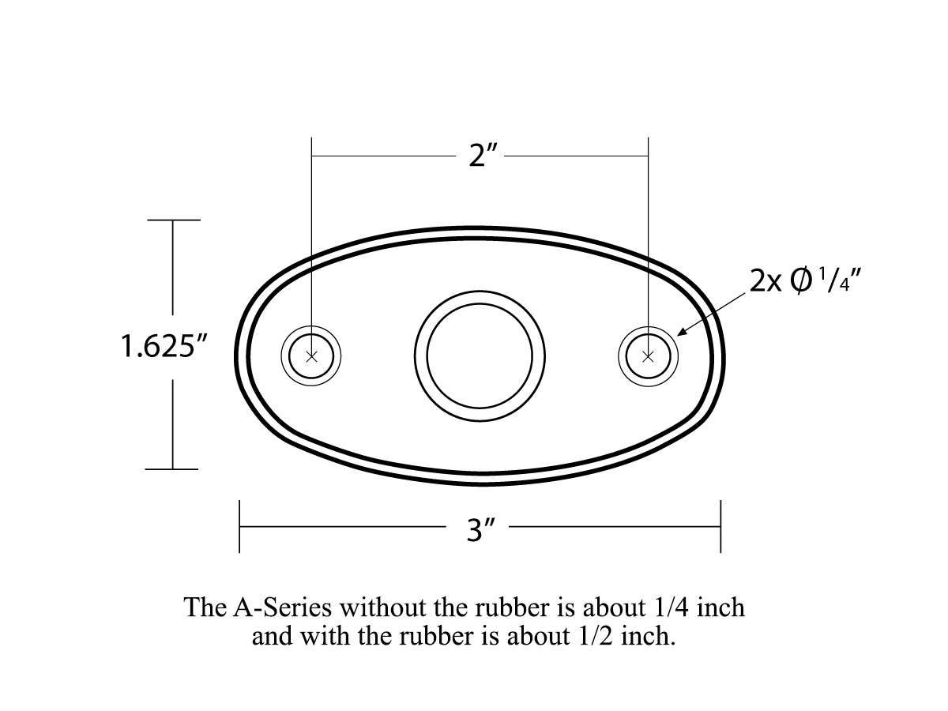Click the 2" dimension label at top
(481, 156)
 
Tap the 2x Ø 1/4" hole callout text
(803, 281)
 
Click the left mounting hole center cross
(311, 356)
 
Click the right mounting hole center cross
(649, 356)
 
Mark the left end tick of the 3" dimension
(239, 526)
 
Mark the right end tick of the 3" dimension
(720, 526)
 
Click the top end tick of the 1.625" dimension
(173, 220)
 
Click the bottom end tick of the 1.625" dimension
(173, 468)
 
